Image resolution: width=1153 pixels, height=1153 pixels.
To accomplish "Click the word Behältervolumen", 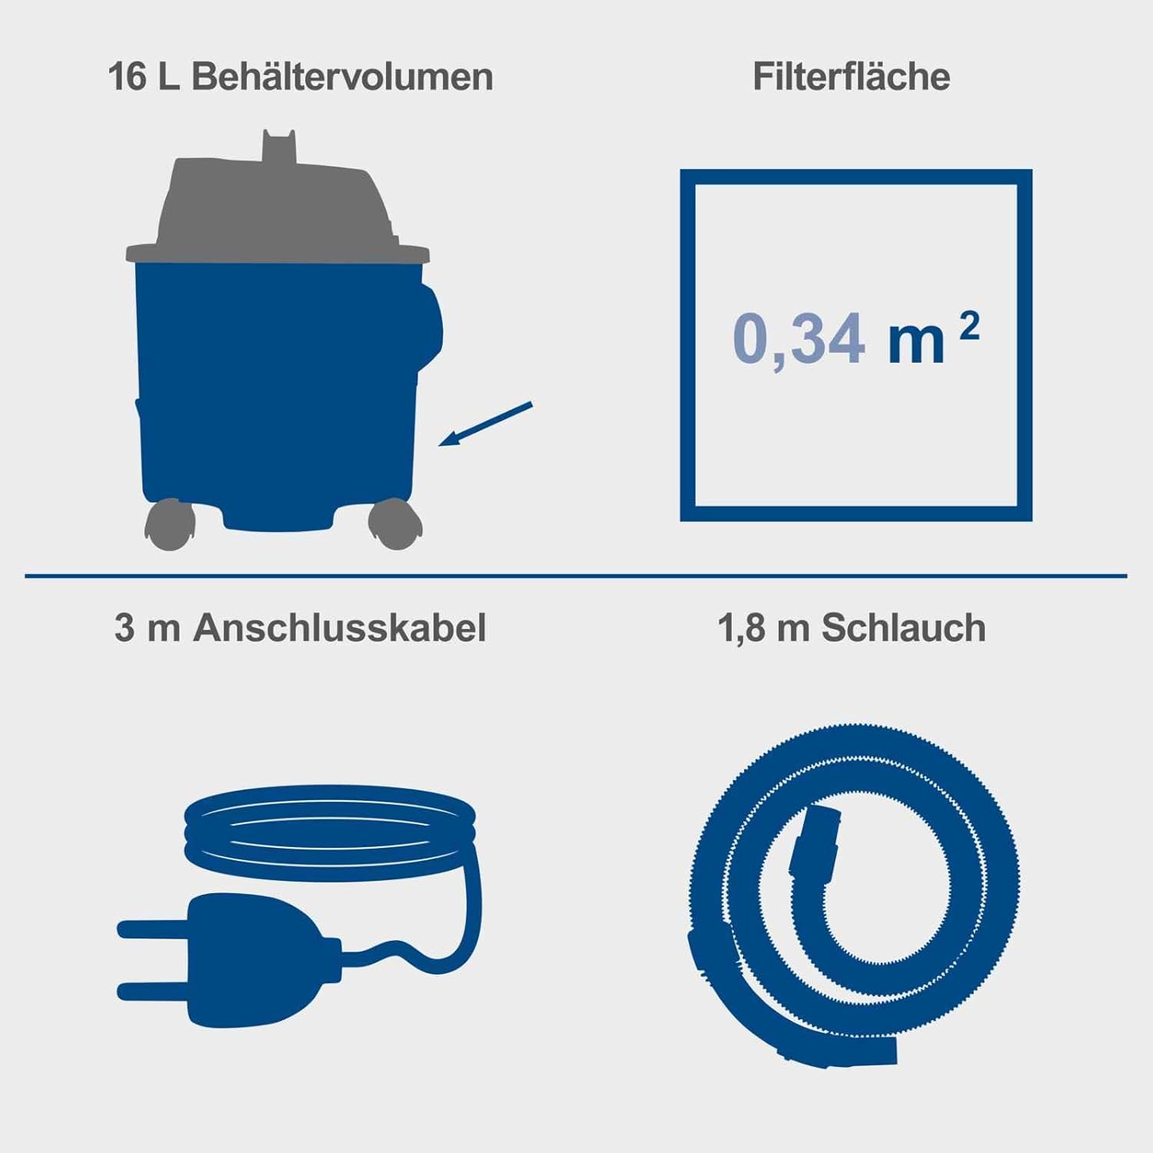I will pyautogui.click(x=342, y=77).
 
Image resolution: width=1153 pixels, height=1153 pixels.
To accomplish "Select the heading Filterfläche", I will pyautogui.click(x=851, y=77).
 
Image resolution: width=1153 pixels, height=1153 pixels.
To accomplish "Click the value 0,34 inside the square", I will pyautogui.click(x=799, y=339).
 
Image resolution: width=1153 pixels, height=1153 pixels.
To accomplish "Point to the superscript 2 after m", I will pyautogui.click(x=969, y=327).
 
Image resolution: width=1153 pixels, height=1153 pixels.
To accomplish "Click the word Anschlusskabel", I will pyautogui.click(x=340, y=628).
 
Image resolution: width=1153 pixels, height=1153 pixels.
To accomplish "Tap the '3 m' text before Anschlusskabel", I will pyautogui.click(x=147, y=628).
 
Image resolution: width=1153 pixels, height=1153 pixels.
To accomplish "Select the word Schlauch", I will pyautogui.click(x=903, y=628).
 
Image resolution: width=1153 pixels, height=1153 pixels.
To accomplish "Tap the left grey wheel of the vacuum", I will pyautogui.click(x=170, y=524).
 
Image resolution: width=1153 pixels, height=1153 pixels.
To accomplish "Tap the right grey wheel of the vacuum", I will pyautogui.click(x=394, y=524).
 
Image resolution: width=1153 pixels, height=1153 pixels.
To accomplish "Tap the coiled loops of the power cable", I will pyautogui.click(x=331, y=834).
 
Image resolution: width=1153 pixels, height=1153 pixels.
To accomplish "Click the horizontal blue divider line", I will pyautogui.click(x=576, y=575).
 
